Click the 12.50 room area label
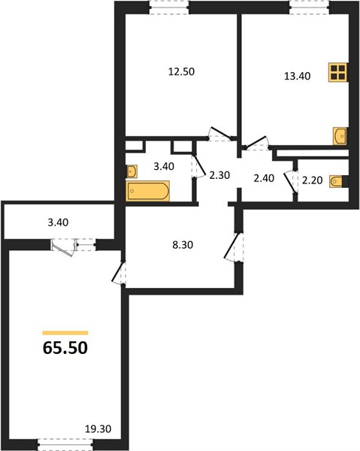pos(181,71)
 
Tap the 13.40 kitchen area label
pos(298,76)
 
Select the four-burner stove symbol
pos(338,72)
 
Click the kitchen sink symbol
pos(340,136)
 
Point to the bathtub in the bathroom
pos(148,191)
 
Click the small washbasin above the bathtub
pos(132,171)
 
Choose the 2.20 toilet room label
pos(312,180)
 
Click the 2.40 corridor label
pos(264,178)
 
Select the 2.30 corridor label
pos(219,175)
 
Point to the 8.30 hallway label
pos(183,245)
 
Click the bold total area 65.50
pos(65,348)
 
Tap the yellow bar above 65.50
pos(65,333)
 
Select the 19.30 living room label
pos(98,429)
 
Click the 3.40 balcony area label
pos(58,222)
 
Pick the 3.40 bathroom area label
pos(164,166)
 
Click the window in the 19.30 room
pos(65,445)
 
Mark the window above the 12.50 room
pos(169,7)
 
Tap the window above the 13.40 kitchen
pos(310,7)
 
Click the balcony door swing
pos(64,247)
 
